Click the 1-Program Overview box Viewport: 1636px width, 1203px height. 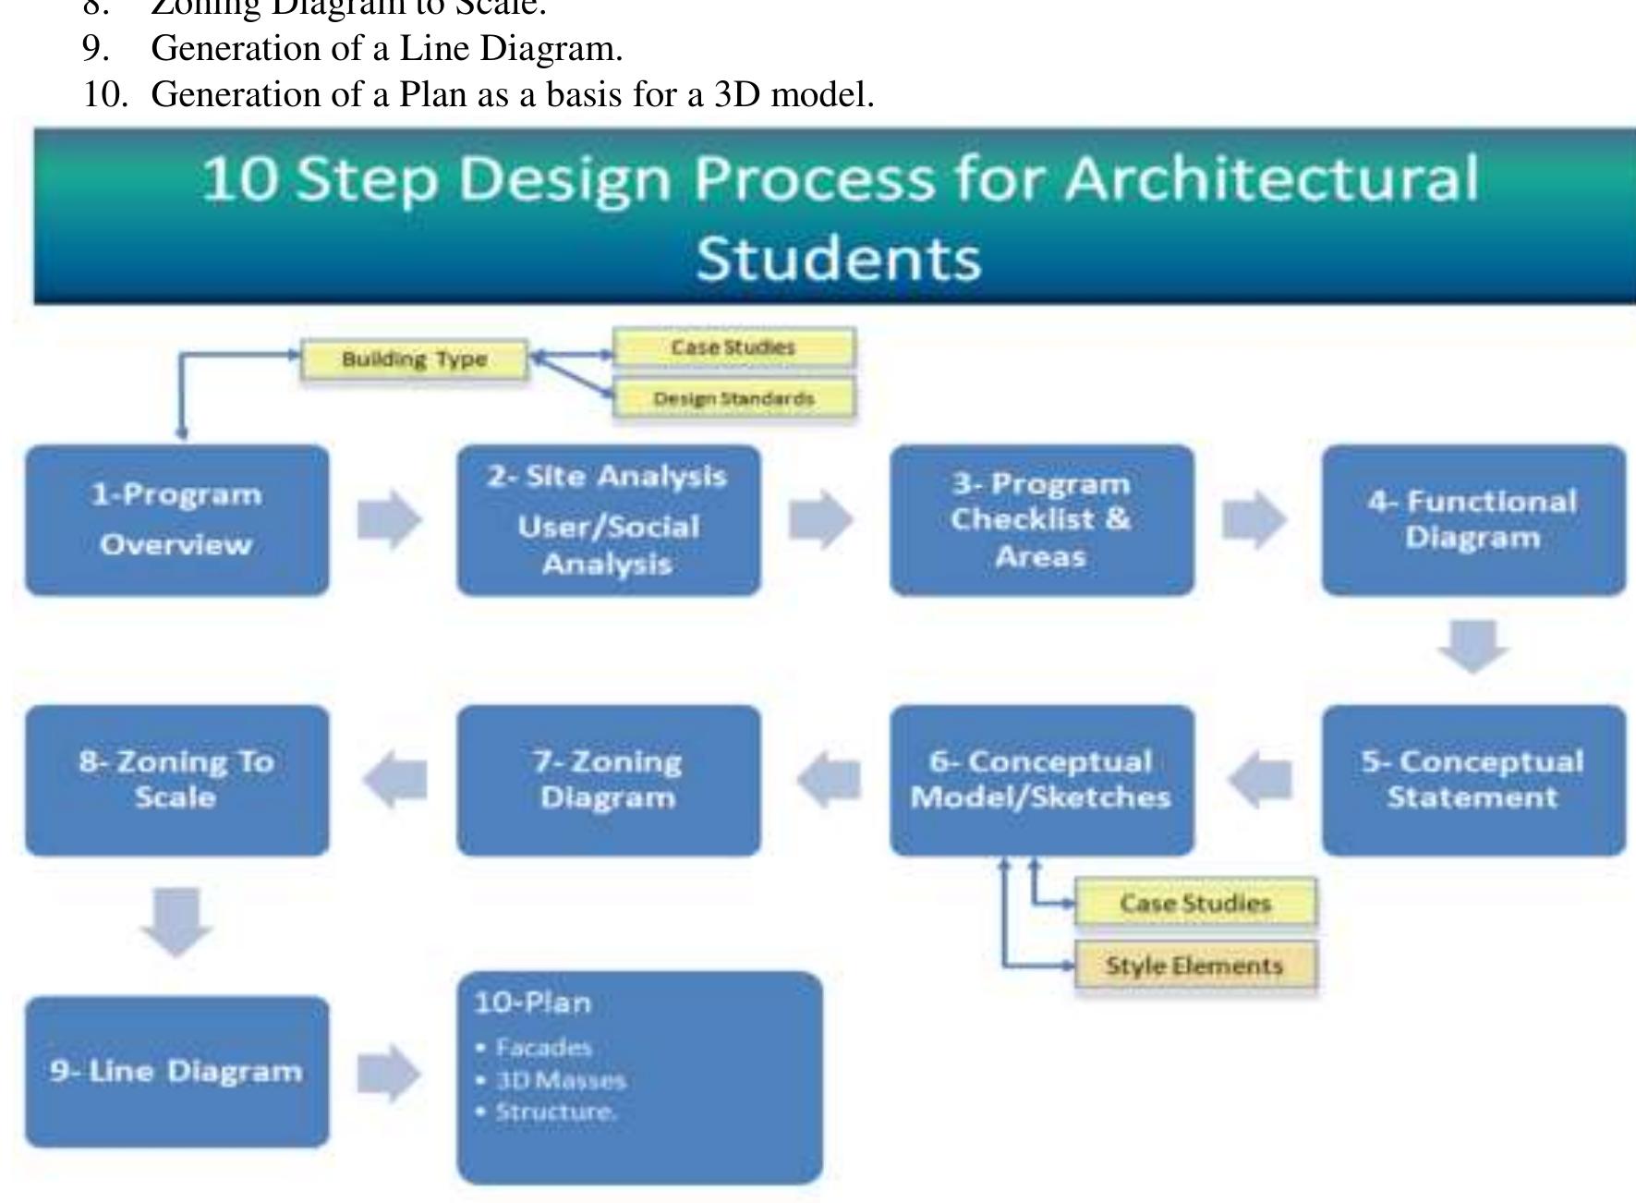pyautogui.click(x=176, y=520)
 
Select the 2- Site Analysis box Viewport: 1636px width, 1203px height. pyautogui.click(x=608, y=520)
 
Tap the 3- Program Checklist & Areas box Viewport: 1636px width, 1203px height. pyautogui.click(x=1041, y=520)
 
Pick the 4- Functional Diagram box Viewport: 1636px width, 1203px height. pyautogui.click(x=1472, y=520)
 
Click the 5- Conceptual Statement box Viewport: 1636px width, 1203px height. pyautogui.click(x=1472, y=780)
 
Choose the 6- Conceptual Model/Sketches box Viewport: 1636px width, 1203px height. pyautogui.click(x=1041, y=780)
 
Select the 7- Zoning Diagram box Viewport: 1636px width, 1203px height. pyautogui.click(x=608, y=780)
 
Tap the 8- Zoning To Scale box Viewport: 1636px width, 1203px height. pyautogui.click(x=176, y=780)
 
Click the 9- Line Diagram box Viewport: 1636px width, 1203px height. pyautogui.click(x=176, y=1072)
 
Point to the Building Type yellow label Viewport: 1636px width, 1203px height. pyautogui.click(x=414, y=359)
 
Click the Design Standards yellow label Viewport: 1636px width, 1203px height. pyautogui.click(x=733, y=399)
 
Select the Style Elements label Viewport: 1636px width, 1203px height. pyautogui.click(x=1194, y=966)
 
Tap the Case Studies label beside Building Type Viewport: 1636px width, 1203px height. pyautogui.click(x=733, y=347)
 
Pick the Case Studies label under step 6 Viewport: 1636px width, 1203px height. pyautogui.click(x=1194, y=903)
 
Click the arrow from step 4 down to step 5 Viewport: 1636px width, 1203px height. pyautogui.click(x=1472, y=647)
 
